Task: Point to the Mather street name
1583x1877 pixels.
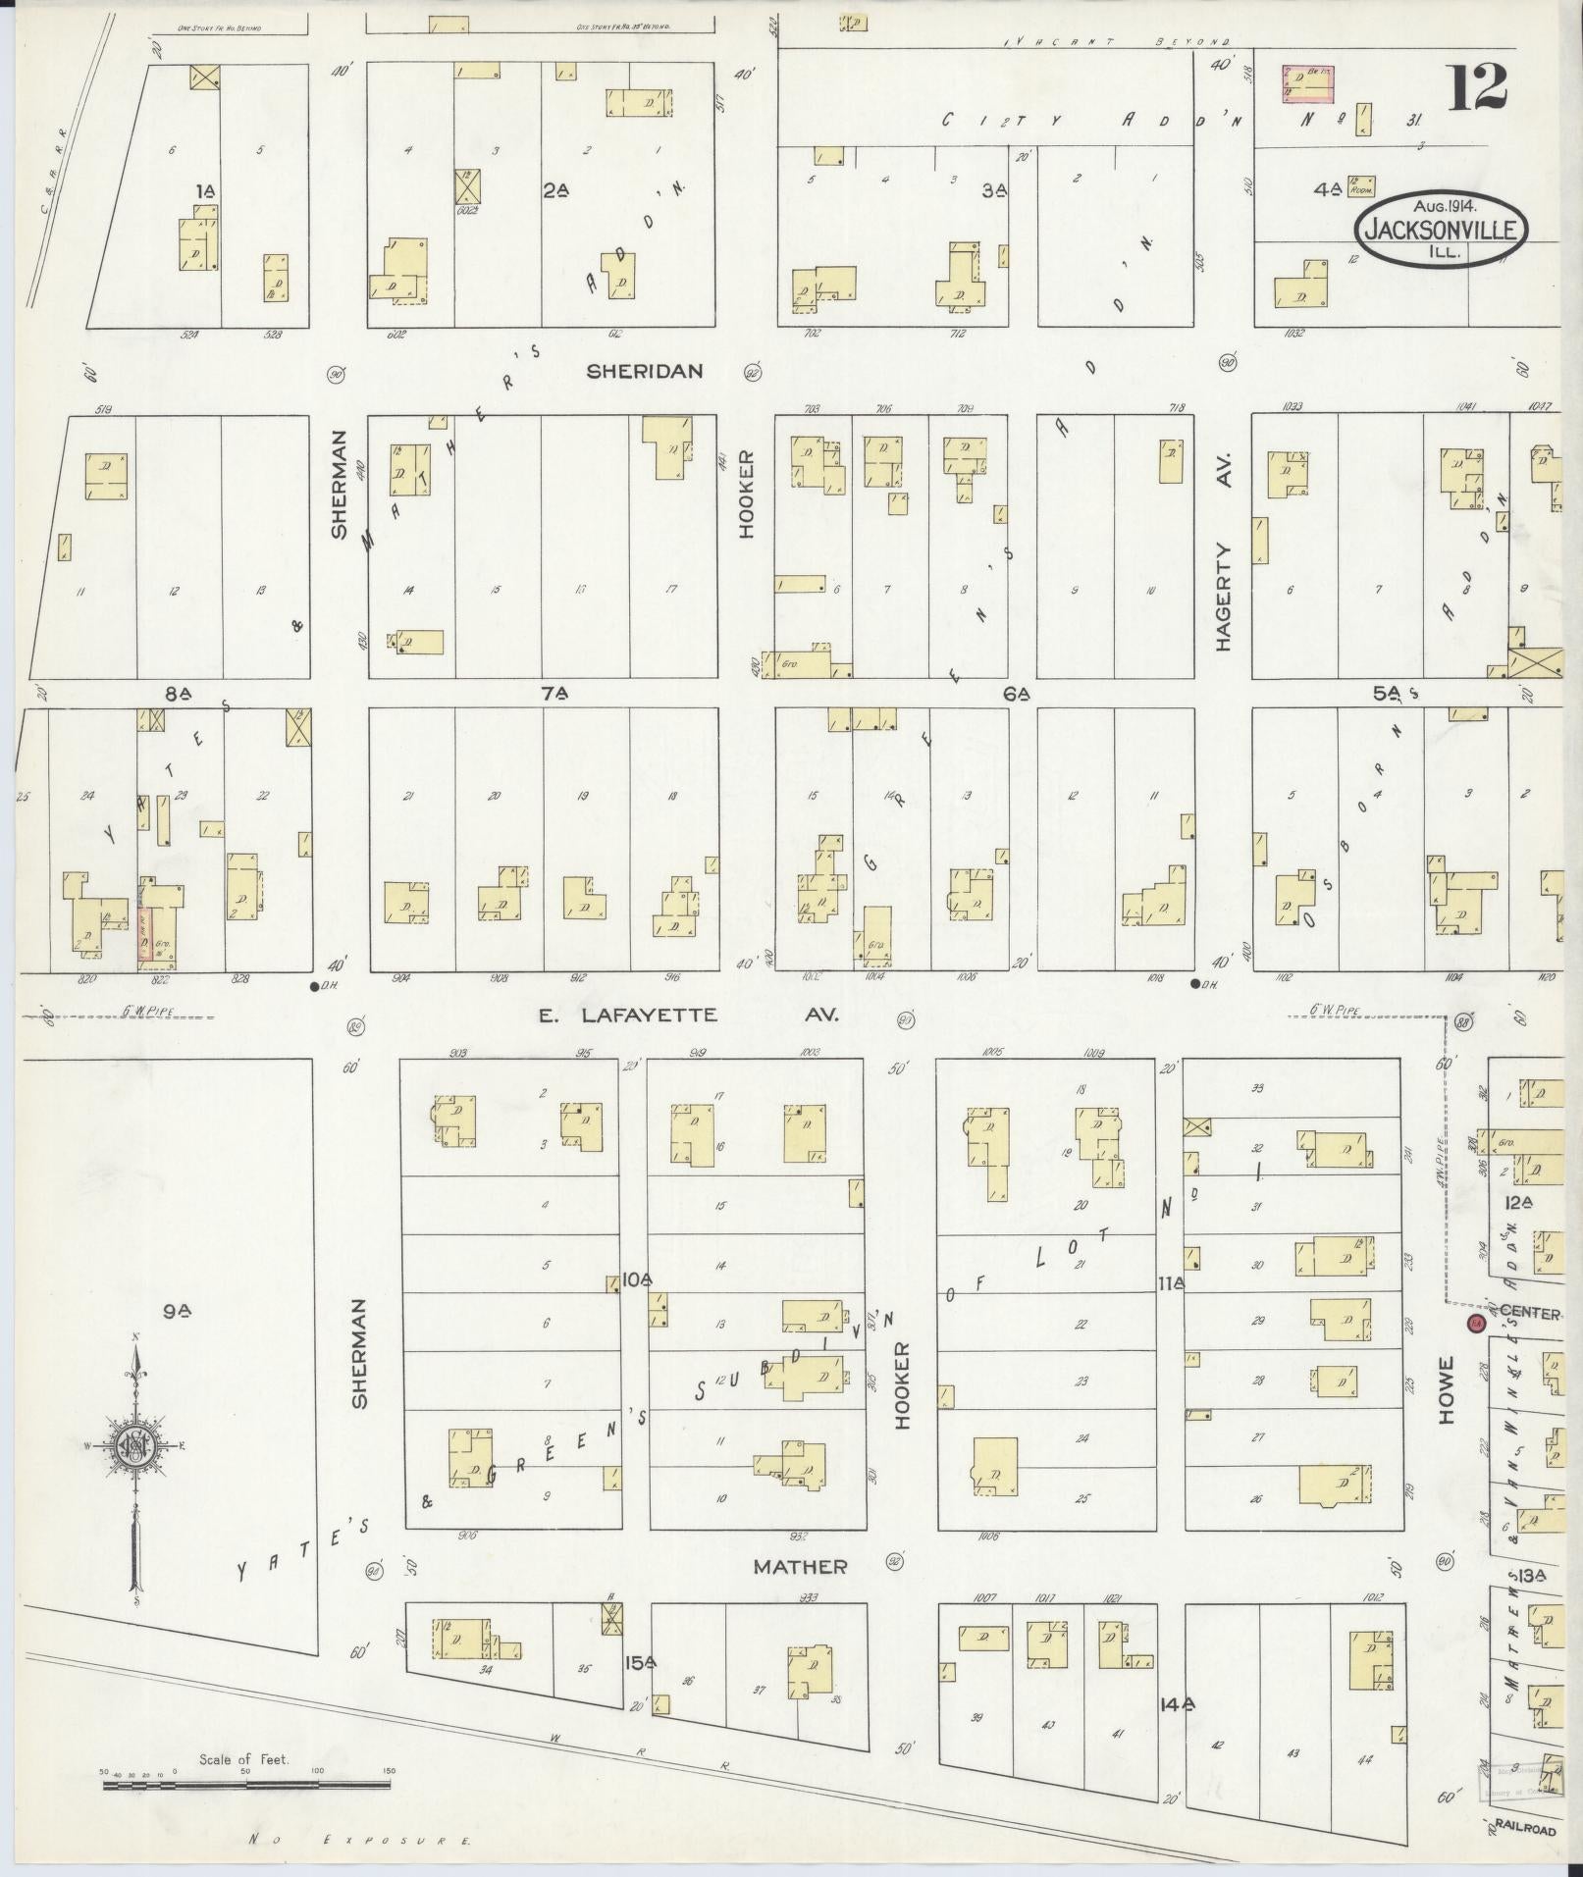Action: click(800, 1567)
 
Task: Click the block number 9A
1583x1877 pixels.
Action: click(177, 1311)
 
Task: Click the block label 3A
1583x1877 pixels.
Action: click(994, 191)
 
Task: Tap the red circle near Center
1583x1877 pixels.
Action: click(1473, 1324)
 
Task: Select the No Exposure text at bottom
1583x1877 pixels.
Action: click(361, 1841)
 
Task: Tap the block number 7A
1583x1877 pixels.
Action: click(555, 694)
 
